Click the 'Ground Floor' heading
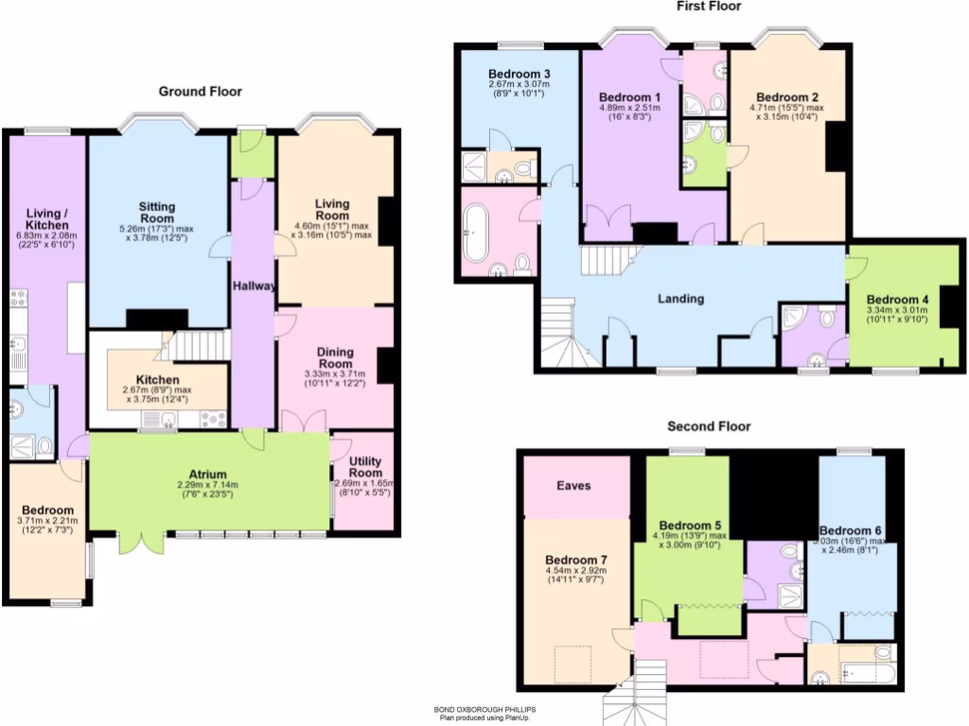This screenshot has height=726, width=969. [x=200, y=92]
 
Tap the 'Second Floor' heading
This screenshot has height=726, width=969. [x=709, y=426]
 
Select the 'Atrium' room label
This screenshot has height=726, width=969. [x=208, y=475]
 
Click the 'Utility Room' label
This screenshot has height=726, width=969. [x=365, y=466]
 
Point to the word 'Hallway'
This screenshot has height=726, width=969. [x=253, y=285]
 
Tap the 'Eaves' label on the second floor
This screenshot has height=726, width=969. [x=573, y=485]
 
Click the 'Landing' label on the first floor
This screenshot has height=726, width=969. [x=681, y=299]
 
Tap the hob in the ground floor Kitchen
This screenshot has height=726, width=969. [x=213, y=419]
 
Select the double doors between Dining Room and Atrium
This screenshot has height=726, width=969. [x=304, y=421]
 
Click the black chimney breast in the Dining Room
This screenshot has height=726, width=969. [x=385, y=366]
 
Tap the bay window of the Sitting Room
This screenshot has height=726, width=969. [x=159, y=122]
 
